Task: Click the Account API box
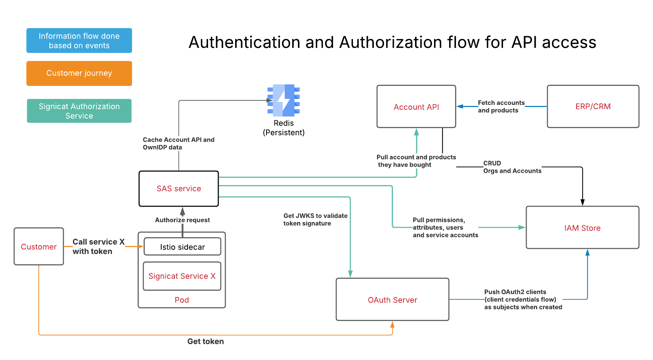[x=416, y=107]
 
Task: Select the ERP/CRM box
[x=593, y=106]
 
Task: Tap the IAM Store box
[x=582, y=228]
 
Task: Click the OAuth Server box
[x=392, y=299]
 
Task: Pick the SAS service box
[x=178, y=189]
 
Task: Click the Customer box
[x=39, y=247]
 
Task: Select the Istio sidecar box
[x=182, y=247]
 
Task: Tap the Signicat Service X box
[x=182, y=276]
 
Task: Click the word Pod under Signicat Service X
[x=182, y=300]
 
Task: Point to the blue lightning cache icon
[x=284, y=100]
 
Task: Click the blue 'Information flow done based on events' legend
[x=79, y=40]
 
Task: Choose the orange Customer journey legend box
[x=79, y=73]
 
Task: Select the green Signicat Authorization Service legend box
[x=79, y=111]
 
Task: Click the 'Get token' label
[x=206, y=341]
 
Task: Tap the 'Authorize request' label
[x=182, y=220]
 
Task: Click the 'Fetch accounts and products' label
[x=501, y=107]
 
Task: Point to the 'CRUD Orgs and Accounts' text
[x=512, y=167]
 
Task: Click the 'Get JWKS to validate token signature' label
[x=315, y=220]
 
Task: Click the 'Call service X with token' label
[x=98, y=246]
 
